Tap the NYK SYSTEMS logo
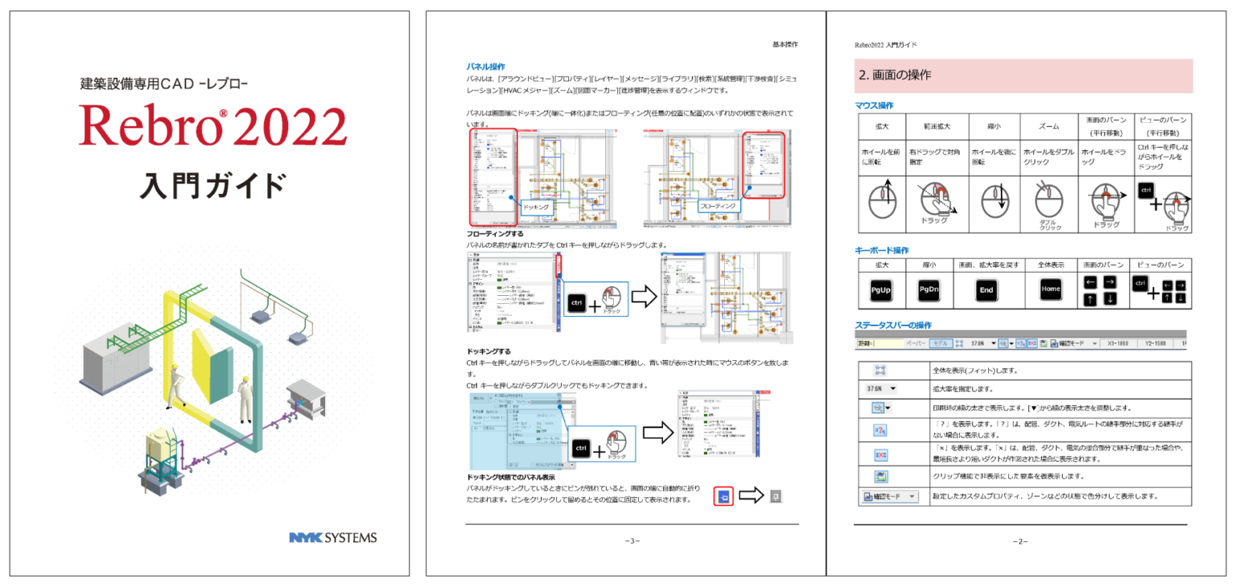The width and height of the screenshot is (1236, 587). [x=332, y=537]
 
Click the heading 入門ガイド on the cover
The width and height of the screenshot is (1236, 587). [x=212, y=185]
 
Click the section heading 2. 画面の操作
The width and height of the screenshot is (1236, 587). [x=896, y=76]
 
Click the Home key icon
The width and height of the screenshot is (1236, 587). [x=1050, y=289]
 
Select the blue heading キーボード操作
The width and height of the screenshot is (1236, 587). [x=881, y=250]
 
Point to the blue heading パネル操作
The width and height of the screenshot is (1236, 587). [x=486, y=67]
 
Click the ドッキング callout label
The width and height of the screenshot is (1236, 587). [x=537, y=207]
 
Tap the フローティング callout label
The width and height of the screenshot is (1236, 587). [x=718, y=206]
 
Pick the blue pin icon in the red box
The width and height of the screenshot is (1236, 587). [x=724, y=496]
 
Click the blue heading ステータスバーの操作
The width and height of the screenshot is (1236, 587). [x=893, y=325]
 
